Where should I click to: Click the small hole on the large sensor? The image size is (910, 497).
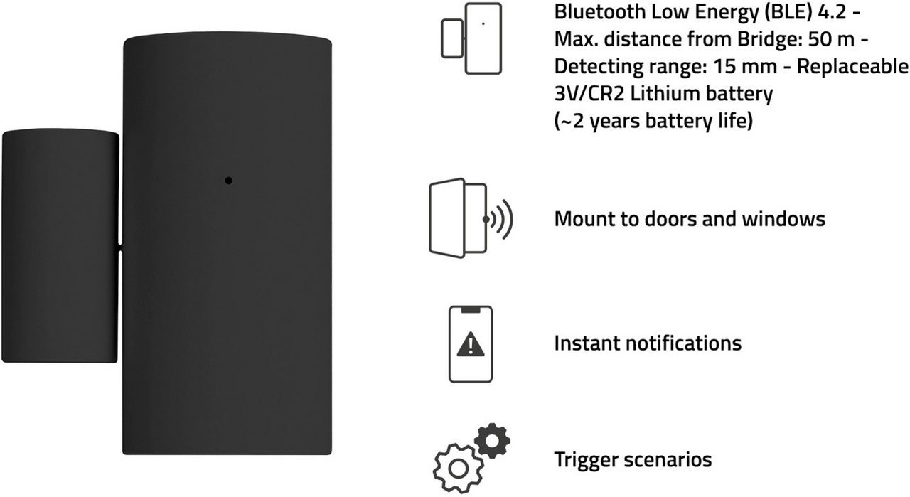(228, 181)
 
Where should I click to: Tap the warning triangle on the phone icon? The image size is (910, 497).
(469, 345)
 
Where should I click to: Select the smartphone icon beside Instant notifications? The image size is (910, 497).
(470, 344)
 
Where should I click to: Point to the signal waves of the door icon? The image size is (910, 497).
(503, 219)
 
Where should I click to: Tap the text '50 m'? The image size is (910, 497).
(829, 40)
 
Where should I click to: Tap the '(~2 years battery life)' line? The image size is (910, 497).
(653, 121)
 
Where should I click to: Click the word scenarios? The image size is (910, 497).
(670, 460)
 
